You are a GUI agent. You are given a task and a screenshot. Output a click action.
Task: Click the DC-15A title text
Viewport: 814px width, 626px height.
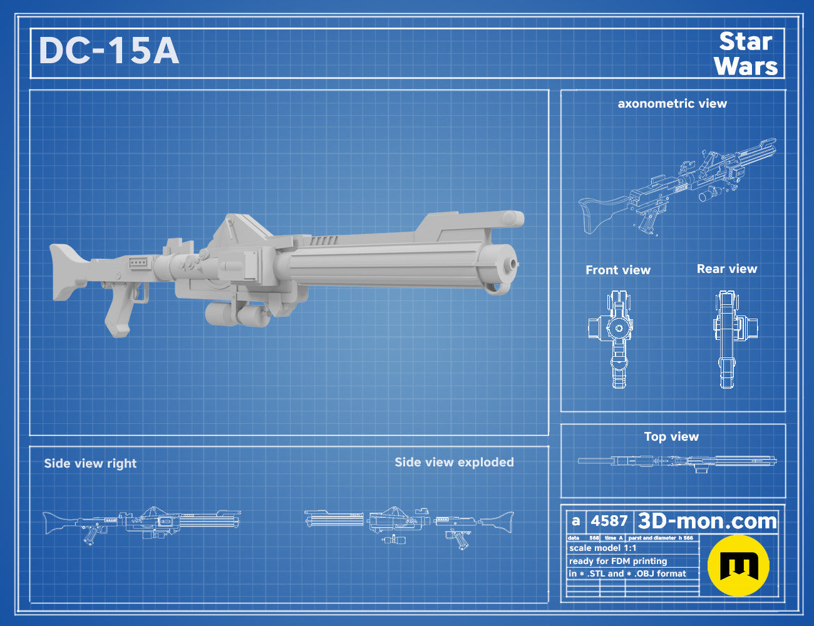[108, 51]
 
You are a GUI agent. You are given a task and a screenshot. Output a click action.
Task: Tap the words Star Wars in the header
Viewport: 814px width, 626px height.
[746, 54]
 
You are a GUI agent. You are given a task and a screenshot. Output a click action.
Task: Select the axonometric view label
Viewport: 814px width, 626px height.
[672, 104]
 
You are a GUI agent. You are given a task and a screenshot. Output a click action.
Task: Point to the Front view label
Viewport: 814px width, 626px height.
[618, 270]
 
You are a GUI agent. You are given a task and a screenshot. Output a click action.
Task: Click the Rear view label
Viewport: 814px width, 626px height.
[727, 269]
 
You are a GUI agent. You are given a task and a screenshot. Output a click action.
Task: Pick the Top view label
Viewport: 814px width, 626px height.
[671, 436]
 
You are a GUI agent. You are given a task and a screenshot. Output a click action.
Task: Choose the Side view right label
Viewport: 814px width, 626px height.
[90, 463]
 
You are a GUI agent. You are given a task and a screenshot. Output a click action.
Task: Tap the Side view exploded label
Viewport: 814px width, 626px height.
[454, 463]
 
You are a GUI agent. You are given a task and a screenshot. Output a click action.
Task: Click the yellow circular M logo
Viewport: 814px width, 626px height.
[738, 566]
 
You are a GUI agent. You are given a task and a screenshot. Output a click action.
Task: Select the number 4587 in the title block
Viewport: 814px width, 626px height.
[609, 521]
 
